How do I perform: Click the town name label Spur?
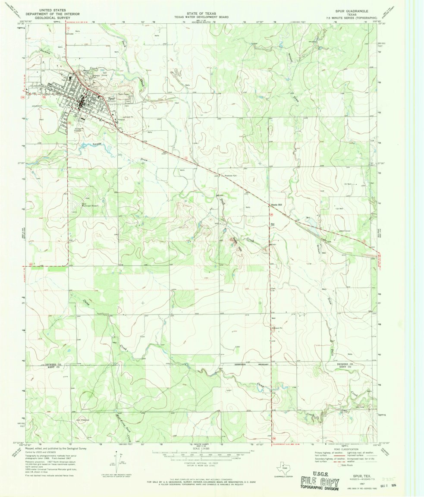pyautogui.click(x=112, y=98)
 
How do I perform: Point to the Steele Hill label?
pyautogui.click(x=276, y=204)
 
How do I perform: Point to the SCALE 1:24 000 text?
pyautogui.click(x=202, y=449)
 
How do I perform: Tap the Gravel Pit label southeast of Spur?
pyautogui.click(x=118, y=116)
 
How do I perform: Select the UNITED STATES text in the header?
pyautogui.click(x=53, y=9)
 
